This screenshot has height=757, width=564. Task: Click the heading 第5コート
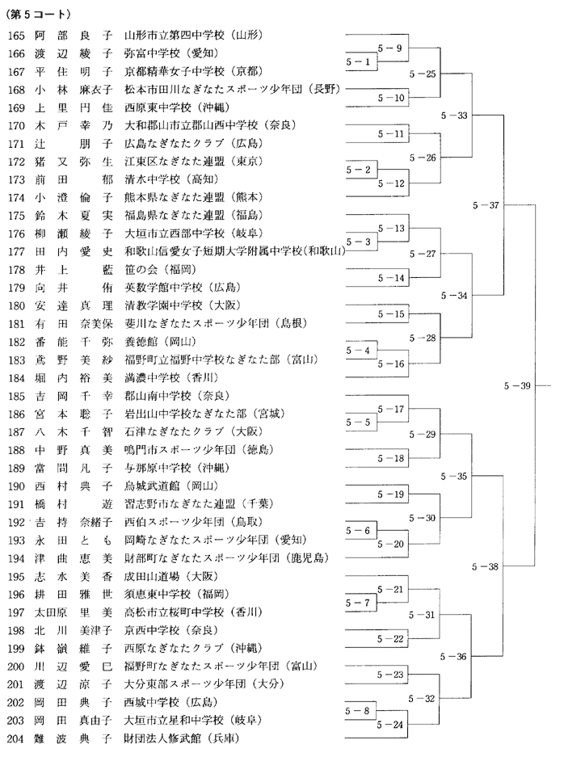click(38, 15)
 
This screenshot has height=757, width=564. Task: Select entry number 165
click(16, 36)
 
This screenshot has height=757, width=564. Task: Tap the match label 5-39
click(517, 385)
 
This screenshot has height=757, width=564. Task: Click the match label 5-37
click(486, 205)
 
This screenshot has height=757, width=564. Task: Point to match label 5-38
click(485, 566)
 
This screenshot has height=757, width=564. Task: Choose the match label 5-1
click(358, 61)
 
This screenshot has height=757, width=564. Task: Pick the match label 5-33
click(454, 116)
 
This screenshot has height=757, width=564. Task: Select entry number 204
click(16, 738)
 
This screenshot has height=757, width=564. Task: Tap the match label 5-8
click(357, 711)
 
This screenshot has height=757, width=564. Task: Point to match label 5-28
click(423, 338)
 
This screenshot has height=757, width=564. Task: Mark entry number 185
click(16, 397)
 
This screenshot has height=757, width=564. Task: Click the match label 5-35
click(454, 476)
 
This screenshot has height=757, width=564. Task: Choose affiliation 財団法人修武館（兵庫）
click(183, 738)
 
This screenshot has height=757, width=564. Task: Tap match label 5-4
click(358, 350)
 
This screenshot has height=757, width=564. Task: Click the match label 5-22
click(390, 639)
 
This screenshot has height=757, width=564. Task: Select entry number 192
click(16, 523)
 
